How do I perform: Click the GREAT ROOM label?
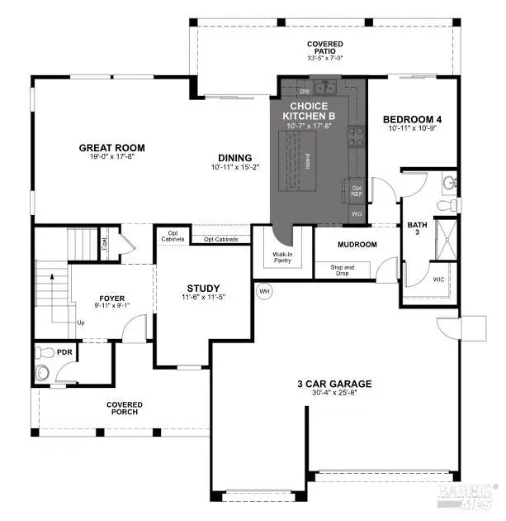tap(111, 148)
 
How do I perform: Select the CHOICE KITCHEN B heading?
tap(308, 111)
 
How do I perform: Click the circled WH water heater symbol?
tap(264, 291)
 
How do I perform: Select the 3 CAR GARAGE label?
tap(334, 384)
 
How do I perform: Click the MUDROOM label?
tap(358, 245)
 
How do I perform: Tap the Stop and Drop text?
tap(342, 270)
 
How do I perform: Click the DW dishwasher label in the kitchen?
tap(305, 91)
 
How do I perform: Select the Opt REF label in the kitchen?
tap(357, 191)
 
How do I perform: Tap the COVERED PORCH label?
tap(124, 409)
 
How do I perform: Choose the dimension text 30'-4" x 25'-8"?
tap(334, 394)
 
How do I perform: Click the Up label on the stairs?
tap(79, 323)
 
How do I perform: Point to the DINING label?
tap(234, 158)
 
